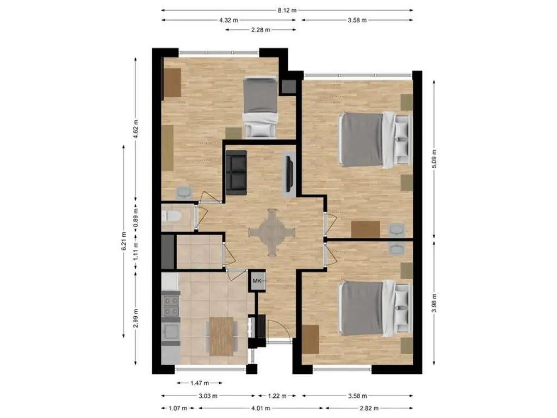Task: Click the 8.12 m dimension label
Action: (x=287, y=10)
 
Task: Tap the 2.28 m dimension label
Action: (x=261, y=30)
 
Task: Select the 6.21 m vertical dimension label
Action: (x=123, y=241)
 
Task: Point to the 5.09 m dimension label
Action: (x=434, y=158)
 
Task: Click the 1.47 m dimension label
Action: (x=200, y=383)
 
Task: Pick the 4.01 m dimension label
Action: (x=261, y=408)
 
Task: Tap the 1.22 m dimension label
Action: (x=277, y=396)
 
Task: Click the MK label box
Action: (x=257, y=281)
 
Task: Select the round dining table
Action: (x=272, y=232)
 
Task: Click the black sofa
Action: (x=236, y=173)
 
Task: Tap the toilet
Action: (x=171, y=216)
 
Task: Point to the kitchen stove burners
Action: (x=171, y=306)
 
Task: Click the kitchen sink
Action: (x=171, y=332)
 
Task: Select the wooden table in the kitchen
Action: (x=222, y=336)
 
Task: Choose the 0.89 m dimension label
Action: (x=135, y=220)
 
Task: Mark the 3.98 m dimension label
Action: (x=434, y=303)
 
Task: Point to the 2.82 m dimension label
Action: (x=369, y=408)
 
